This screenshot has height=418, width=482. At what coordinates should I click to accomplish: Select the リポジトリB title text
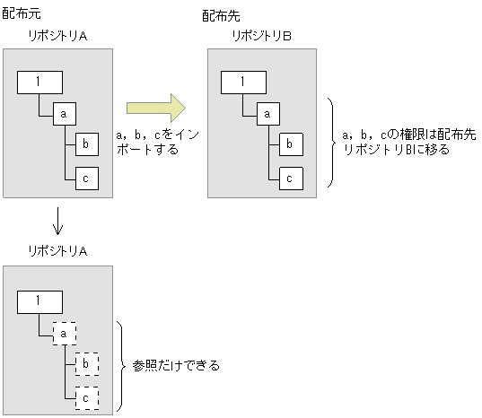261,36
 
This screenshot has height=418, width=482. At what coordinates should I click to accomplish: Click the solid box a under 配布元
65,115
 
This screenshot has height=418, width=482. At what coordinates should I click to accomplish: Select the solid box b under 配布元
86,144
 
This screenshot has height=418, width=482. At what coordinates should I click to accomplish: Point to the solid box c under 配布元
86,177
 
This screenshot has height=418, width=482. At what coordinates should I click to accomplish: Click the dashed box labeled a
65,334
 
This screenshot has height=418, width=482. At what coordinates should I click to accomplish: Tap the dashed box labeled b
86,364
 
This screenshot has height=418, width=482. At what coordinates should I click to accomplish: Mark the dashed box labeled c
86,396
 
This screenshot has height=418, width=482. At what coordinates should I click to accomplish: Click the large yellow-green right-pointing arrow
155,109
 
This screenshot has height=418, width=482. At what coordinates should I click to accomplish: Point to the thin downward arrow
57,220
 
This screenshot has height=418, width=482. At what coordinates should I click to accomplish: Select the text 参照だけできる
176,366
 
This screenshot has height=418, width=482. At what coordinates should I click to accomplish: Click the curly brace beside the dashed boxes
123,366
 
